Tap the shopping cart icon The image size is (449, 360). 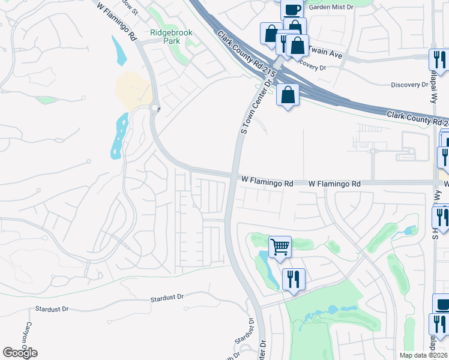(280, 246)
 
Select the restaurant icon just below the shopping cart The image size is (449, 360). (294, 279)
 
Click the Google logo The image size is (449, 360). (20, 353)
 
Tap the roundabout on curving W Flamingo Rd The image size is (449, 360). (155, 108)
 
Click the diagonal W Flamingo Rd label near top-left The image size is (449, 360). (117, 21)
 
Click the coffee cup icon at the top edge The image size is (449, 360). (292, 9)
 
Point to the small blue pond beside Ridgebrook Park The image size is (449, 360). (119, 50)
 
